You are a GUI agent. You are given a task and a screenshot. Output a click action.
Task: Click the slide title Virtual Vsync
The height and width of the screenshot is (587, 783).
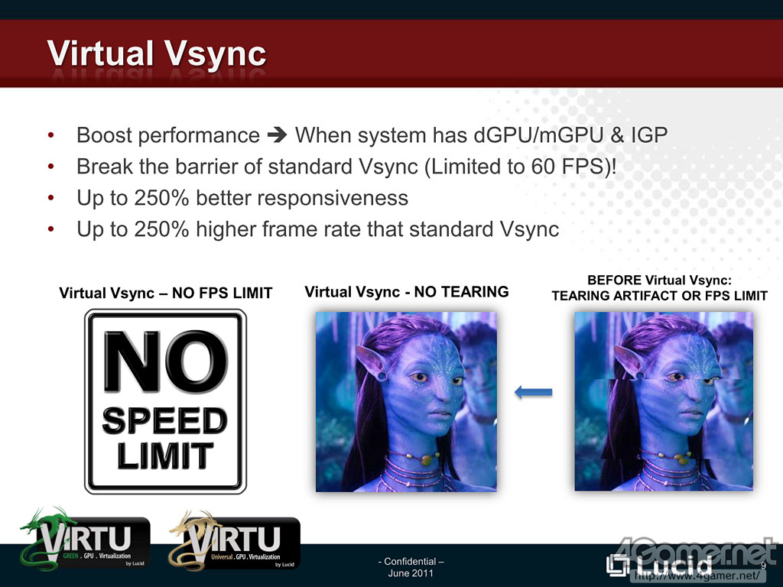point(156,54)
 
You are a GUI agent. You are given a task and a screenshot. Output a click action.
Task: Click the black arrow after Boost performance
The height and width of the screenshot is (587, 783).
point(277,135)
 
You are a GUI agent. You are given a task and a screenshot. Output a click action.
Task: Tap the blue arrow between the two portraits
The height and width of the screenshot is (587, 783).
point(533,392)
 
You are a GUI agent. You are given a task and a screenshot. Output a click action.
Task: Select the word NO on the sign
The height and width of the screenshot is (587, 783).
point(165,361)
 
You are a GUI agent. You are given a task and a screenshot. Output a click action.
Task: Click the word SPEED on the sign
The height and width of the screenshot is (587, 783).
point(165,420)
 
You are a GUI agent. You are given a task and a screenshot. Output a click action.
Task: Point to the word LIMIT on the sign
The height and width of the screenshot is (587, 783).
point(165,456)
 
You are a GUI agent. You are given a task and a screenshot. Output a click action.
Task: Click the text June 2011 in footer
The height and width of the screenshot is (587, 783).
point(411,573)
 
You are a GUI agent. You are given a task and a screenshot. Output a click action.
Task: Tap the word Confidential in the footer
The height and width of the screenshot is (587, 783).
point(411,561)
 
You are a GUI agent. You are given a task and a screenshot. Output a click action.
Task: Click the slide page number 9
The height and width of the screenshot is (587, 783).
point(763,566)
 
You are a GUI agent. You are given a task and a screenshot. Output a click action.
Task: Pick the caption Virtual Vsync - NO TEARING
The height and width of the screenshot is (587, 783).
point(407,291)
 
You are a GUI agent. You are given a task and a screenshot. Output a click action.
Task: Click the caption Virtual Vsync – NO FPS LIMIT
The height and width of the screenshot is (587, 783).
point(166,293)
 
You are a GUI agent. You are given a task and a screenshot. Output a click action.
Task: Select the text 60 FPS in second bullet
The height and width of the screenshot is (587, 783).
point(568,166)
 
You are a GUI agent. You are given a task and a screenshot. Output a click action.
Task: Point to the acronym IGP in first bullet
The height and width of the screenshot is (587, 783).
point(649,135)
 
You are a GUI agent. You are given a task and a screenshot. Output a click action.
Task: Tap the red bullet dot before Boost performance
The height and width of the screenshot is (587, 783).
point(51,135)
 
